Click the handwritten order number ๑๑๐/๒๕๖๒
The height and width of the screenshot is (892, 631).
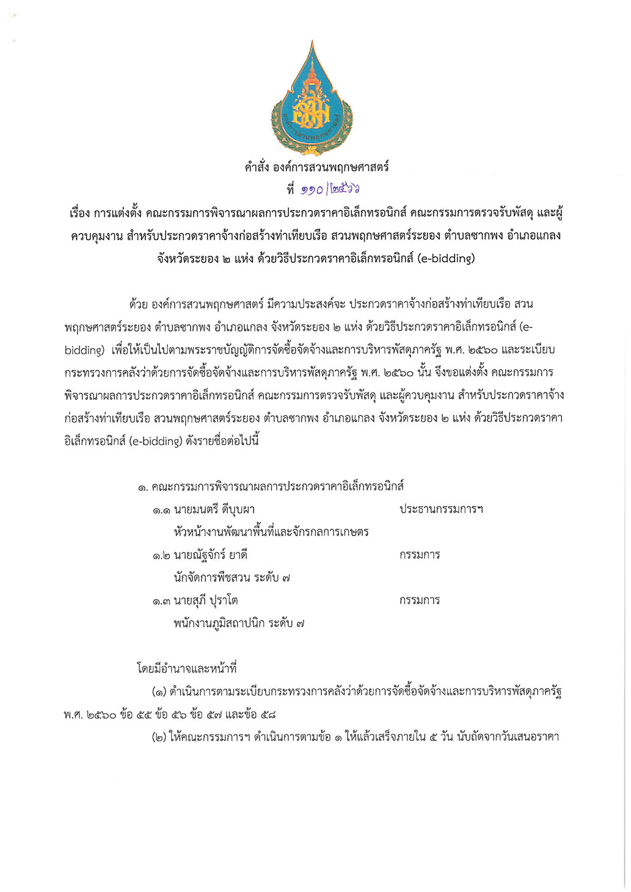338,190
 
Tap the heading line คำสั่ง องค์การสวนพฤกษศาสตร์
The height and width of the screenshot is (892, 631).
316,167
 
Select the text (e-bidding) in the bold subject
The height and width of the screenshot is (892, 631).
446,258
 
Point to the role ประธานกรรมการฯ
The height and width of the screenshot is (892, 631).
441,509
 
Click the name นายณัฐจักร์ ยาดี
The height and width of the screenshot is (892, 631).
210,555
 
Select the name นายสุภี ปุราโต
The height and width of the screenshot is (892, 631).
205,601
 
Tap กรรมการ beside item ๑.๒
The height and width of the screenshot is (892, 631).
420,555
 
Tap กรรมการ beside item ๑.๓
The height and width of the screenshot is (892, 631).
420,601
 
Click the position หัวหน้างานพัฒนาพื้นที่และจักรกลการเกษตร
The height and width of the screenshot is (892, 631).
271,532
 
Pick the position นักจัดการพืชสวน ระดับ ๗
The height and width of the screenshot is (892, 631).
232,578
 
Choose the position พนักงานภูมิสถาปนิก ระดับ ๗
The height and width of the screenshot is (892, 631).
239,623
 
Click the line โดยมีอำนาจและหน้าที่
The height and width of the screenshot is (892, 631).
186,669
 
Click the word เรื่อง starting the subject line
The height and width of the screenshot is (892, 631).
79,213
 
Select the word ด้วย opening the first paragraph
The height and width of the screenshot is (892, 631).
138,304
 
